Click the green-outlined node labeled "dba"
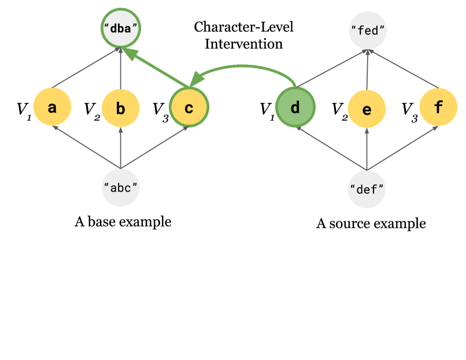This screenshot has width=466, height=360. click(x=121, y=27)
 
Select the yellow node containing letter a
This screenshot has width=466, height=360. click(x=52, y=108)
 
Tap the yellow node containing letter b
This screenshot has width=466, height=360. click(x=120, y=108)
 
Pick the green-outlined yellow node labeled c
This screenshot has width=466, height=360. click(x=188, y=107)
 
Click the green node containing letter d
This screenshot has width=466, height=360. click(x=295, y=108)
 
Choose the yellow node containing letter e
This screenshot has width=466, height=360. click(x=367, y=109)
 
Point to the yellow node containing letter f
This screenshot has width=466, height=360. click(x=438, y=108)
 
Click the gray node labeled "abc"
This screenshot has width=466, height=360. click(x=120, y=187)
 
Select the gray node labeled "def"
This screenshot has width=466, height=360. click(x=367, y=188)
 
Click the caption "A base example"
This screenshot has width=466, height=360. click(x=123, y=221)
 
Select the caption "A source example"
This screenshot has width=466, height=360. click(x=371, y=224)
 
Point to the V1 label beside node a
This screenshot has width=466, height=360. click(x=22, y=109)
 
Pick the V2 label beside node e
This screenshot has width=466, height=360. click(x=339, y=109)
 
